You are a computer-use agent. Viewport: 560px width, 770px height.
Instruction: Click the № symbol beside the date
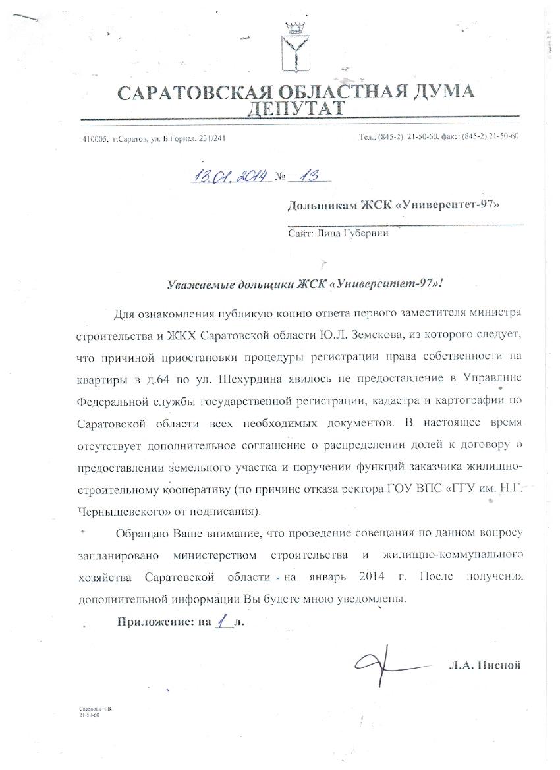[x=279, y=177]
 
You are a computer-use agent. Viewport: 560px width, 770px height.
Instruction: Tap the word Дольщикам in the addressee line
[x=319, y=206]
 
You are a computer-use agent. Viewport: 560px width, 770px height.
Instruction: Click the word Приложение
[x=153, y=622]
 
